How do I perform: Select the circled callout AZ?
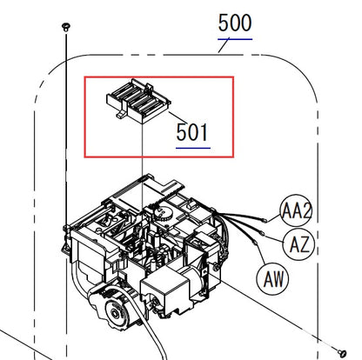tap(298, 243)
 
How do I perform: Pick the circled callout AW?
tap(272, 278)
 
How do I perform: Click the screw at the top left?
tap(66, 28)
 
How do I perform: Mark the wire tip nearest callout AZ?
tap(258, 231)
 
